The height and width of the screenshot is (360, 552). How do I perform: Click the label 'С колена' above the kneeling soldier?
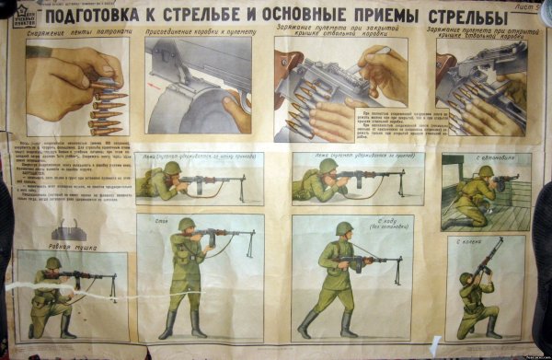coord(469,241)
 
